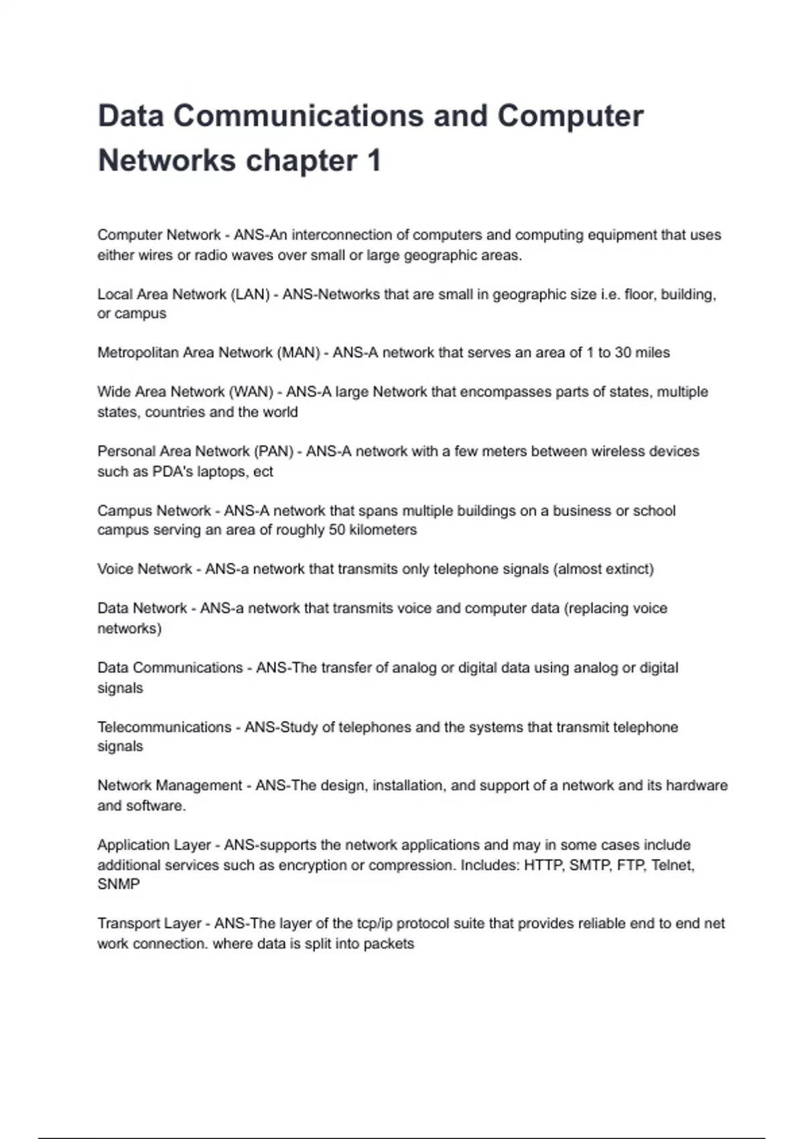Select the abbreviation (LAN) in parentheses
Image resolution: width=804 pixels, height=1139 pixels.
click(250, 294)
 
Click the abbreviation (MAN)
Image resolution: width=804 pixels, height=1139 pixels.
click(298, 352)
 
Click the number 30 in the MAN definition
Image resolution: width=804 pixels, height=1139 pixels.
click(623, 352)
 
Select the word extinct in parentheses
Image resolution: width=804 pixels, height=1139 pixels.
click(630, 569)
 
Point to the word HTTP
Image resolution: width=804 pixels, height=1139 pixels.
click(544, 865)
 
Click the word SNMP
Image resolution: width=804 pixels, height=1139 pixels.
click(119, 884)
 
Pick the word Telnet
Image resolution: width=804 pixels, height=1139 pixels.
click(672, 865)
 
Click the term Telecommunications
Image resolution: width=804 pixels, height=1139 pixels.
click(164, 727)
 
